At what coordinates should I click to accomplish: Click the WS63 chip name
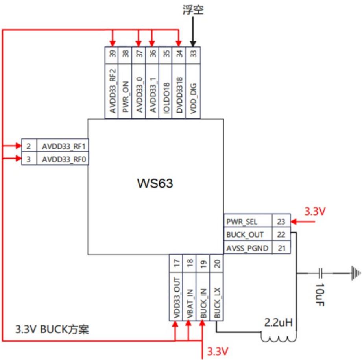[x=155, y=183]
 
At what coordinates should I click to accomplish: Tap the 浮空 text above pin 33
[x=193, y=10]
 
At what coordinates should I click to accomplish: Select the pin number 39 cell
[x=112, y=54]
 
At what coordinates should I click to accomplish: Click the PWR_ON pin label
[x=125, y=97]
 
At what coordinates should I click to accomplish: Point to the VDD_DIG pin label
[x=193, y=98]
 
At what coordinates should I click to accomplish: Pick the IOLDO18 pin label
[x=166, y=98]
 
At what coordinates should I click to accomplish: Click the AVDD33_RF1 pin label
[x=64, y=146]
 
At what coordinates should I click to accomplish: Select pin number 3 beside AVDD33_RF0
[x=28, y=159]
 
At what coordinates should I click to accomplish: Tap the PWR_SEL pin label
[x=242, y=222]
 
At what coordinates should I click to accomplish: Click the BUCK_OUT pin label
[x=245, y=235]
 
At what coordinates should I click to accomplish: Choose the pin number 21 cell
[x=281, y=248]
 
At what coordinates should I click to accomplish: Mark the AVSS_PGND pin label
[x=247, y=248]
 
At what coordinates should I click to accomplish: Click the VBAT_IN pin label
[x=190, y=304]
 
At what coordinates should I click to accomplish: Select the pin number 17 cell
[x=176, y=264]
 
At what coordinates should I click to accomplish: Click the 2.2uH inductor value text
[x=278, y=323]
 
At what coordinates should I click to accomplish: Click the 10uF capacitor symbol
[x=320, y=273]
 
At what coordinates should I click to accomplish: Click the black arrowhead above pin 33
[x=193, y=44]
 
